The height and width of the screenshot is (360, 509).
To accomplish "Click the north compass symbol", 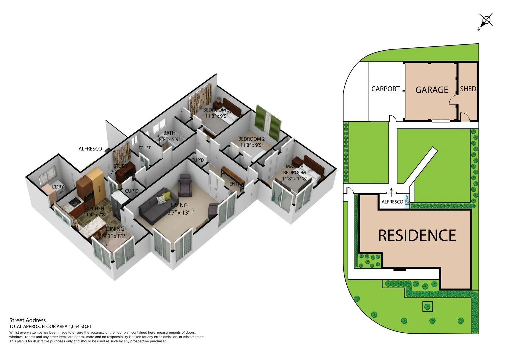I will (x=486, y=21).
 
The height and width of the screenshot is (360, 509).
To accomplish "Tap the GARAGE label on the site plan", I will (x=432, y=90).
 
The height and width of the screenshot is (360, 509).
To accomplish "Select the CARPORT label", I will (x=385, y=89).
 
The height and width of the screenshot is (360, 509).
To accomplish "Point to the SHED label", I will (x=468, y=89).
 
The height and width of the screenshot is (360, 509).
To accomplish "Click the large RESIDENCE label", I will (x=417, y=235).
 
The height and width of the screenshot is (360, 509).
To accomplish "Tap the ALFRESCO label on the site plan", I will (x=392, y=202).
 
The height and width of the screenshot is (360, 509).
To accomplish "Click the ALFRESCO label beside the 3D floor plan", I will (x=90, y=149).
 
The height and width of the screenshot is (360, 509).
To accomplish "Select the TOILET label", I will (x=145, y=148).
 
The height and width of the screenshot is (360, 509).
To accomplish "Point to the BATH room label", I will (x=169, y=133).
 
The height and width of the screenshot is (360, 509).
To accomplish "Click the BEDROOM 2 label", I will (x=251, y=139).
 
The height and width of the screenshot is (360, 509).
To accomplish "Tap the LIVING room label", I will (x=179, y=205).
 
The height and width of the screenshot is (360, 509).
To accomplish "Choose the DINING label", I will (x=115, y=229).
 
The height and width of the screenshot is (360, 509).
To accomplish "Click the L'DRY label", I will (x=58, y=187).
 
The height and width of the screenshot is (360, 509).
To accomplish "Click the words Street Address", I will (x=27, y=320).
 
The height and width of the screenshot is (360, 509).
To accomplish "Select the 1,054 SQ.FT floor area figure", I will (x=80, y=327).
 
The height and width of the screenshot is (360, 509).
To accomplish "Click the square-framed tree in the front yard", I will (x=428, y=306).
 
